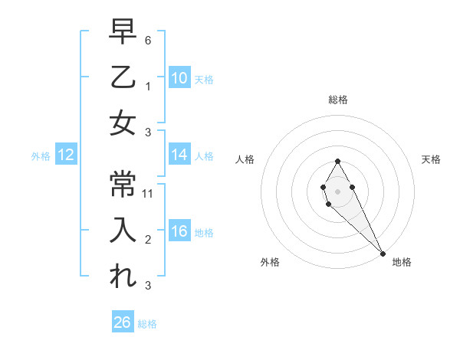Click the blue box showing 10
[x=179, y=77]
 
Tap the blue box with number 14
[x=179, y=155]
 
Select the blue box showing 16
[x=179, y=231]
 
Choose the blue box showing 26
[x=123, y=322]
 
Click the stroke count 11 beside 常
[x=149, y=194]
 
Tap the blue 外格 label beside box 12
[x=41, y=156]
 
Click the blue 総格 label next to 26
[x=147, y=324]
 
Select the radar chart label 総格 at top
[x=338, y=100]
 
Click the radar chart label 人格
[x=245, y=159]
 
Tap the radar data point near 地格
[x=383, y=254]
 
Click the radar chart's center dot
[x=337, y=190]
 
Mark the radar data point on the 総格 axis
[x=337, y=161]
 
